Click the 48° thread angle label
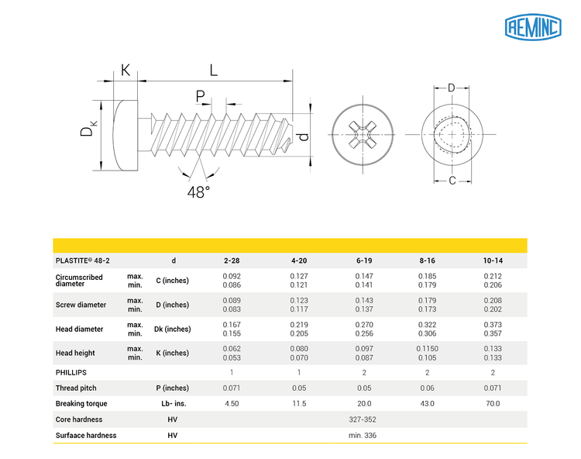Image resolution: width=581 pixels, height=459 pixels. (x=198, y=192)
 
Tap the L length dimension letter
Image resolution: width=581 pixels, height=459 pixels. (x=213, y=70)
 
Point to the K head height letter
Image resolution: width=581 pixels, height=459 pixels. (x=125, y=71)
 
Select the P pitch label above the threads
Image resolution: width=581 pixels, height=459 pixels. (x=201, y=96)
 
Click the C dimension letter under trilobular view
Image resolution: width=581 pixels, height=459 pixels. (x=452, y=181)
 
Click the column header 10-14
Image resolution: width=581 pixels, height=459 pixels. (x=492, y=261)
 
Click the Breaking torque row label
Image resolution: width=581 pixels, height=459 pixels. (x=81, y=403)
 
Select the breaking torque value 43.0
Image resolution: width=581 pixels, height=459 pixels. (x=428, y=403)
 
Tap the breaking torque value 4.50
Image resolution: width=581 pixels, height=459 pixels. (x=231, y=403)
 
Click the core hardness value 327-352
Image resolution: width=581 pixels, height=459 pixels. (x=363, y=419)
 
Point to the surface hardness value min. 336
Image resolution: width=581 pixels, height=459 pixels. (x=363, y=435)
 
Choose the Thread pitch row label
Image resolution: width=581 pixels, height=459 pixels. (x=77, y=388)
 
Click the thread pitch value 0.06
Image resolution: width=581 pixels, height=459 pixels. (x=428, y=388)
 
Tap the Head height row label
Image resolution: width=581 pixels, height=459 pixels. (x=75, y=353)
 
